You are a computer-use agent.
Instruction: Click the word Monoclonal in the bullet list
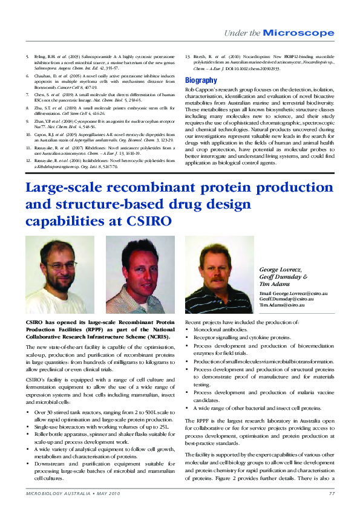209,329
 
